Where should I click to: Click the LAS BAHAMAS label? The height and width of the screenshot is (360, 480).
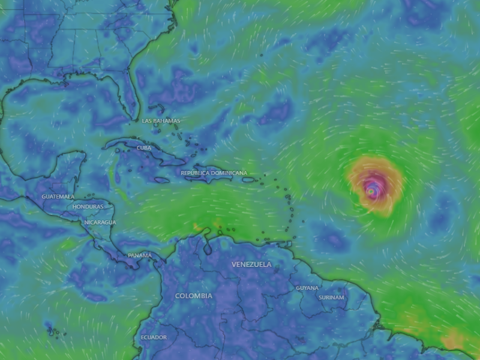point(161,121)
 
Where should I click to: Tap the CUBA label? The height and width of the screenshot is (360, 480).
point(143,148)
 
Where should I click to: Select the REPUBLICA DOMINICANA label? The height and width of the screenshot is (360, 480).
point(214,173)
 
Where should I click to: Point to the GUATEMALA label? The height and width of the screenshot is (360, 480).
point(58,196)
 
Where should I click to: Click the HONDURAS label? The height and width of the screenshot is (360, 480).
point(88,206)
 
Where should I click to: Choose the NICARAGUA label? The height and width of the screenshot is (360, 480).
point(100,222)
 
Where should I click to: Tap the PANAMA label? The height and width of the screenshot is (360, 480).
point(140,256)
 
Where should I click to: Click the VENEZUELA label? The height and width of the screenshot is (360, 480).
point(251,264)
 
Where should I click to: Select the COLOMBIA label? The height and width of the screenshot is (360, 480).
point(193,296)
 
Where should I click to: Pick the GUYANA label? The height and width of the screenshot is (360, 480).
point(307,288)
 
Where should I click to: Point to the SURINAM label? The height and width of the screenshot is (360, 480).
point(331,297)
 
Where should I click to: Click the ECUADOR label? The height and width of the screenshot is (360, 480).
point(154,337)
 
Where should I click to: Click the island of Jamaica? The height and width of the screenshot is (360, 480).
point(162,179)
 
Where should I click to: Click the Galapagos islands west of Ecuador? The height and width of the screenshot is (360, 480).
point(53,331)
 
